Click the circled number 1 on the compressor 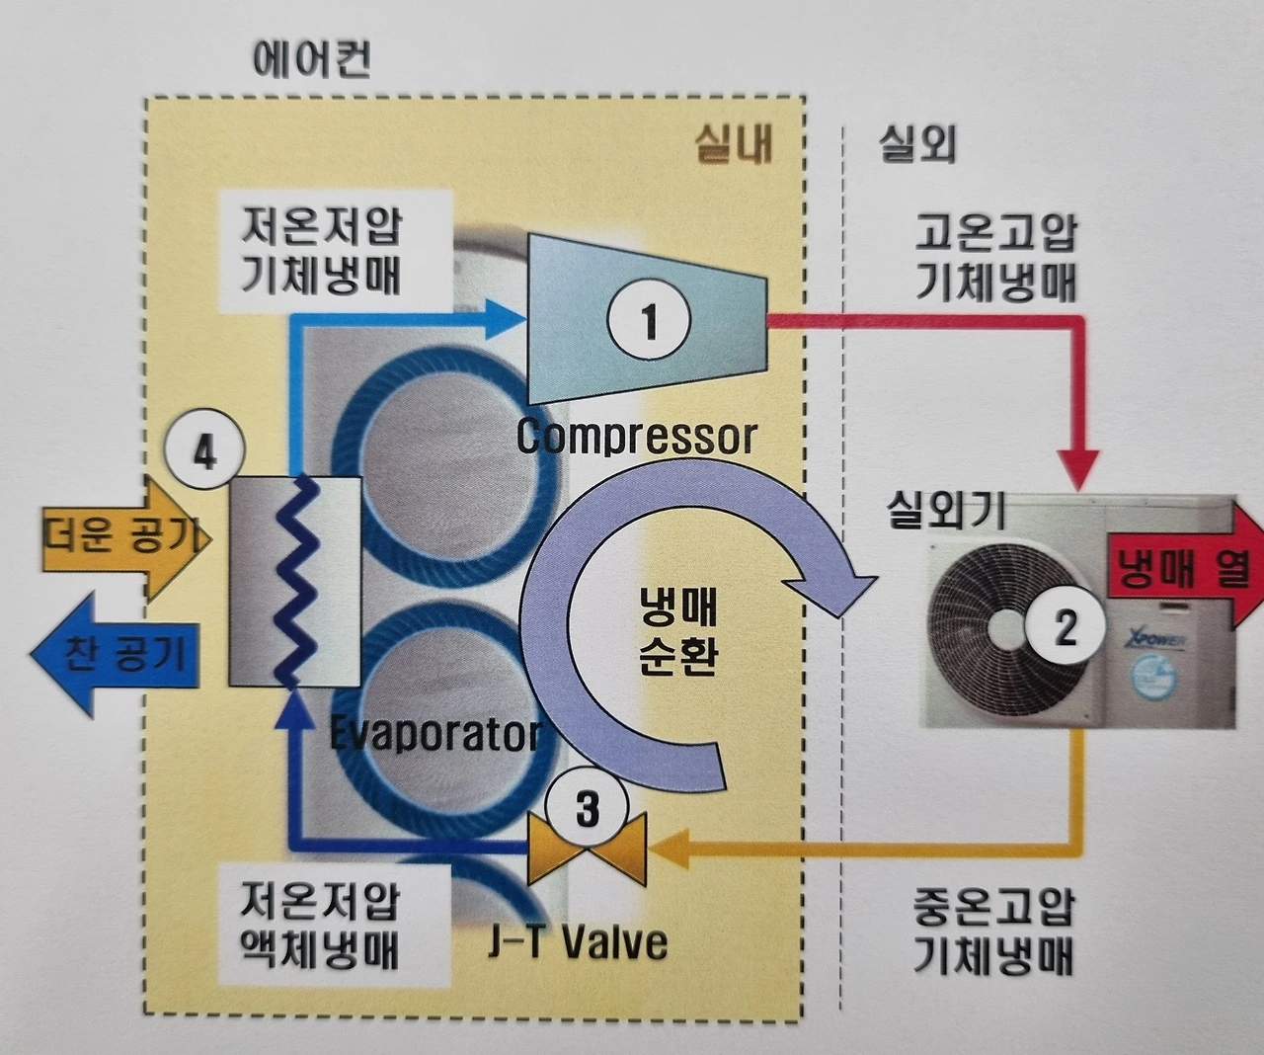649,320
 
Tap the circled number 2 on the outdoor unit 1066,625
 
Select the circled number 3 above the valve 588,810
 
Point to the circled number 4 204,453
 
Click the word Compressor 637,437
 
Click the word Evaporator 435,734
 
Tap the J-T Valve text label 578,942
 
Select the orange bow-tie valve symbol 588,849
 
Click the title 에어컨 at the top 312,61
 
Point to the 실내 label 733,145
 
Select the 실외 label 916,145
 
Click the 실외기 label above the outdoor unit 946,512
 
